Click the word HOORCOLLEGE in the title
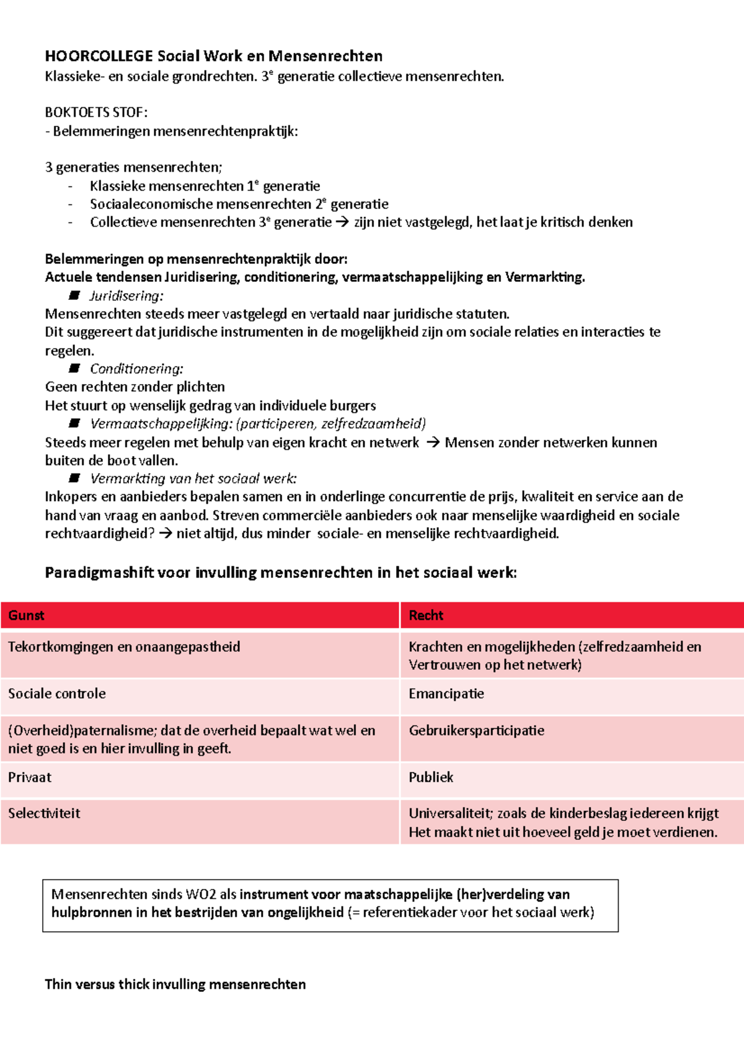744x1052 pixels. click(x=99, y=56)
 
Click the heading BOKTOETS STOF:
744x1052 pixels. click(x=96, y=112)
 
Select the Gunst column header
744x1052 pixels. click(x=26, y=615)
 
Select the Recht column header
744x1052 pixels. click(x=426, y=615)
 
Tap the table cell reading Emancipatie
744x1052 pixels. click(x=446, y=694)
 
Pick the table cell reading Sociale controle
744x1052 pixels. click(x=57, y=694)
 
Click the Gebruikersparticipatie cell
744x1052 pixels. click(x=476, y=730)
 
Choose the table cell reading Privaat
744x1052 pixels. click(x=30, y=778)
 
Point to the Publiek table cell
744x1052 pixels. click(x=431, y=778)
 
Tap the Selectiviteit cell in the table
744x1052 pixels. click(x=44, y=813)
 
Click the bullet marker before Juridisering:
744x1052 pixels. click(x=74, y=295)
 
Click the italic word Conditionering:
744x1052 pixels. click(x=136, y=369)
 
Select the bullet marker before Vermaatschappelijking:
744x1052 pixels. click(x=74, y=423)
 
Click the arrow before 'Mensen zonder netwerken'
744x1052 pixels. click(x=433, y=442)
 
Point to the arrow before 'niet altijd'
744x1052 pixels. click(x=165, y=533)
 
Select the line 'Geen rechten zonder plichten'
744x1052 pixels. click(x=135, y=387)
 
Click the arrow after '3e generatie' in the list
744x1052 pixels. click(x=342, y=222)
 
